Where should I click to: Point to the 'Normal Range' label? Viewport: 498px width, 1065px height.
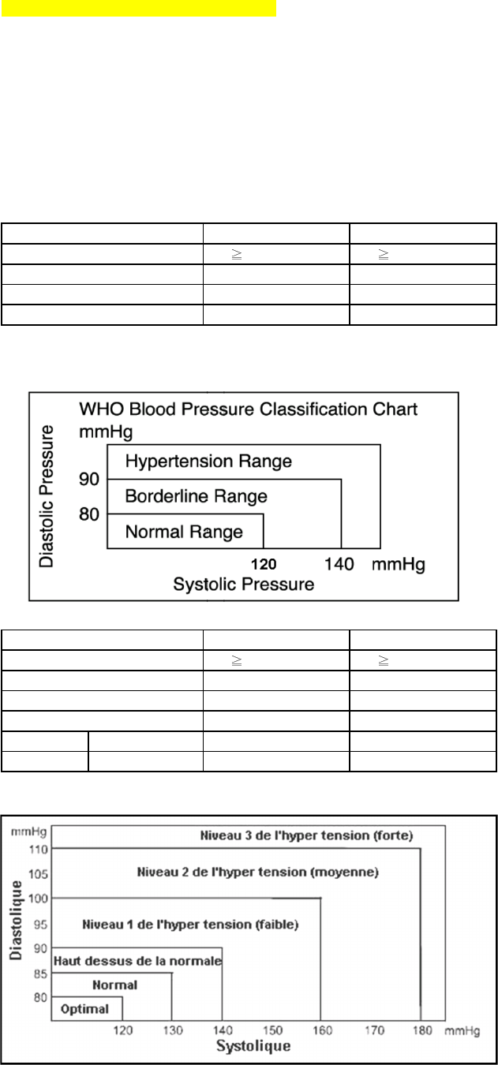184,532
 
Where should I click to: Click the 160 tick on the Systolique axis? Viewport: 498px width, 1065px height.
320,1030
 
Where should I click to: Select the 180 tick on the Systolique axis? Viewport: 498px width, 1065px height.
420,1030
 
